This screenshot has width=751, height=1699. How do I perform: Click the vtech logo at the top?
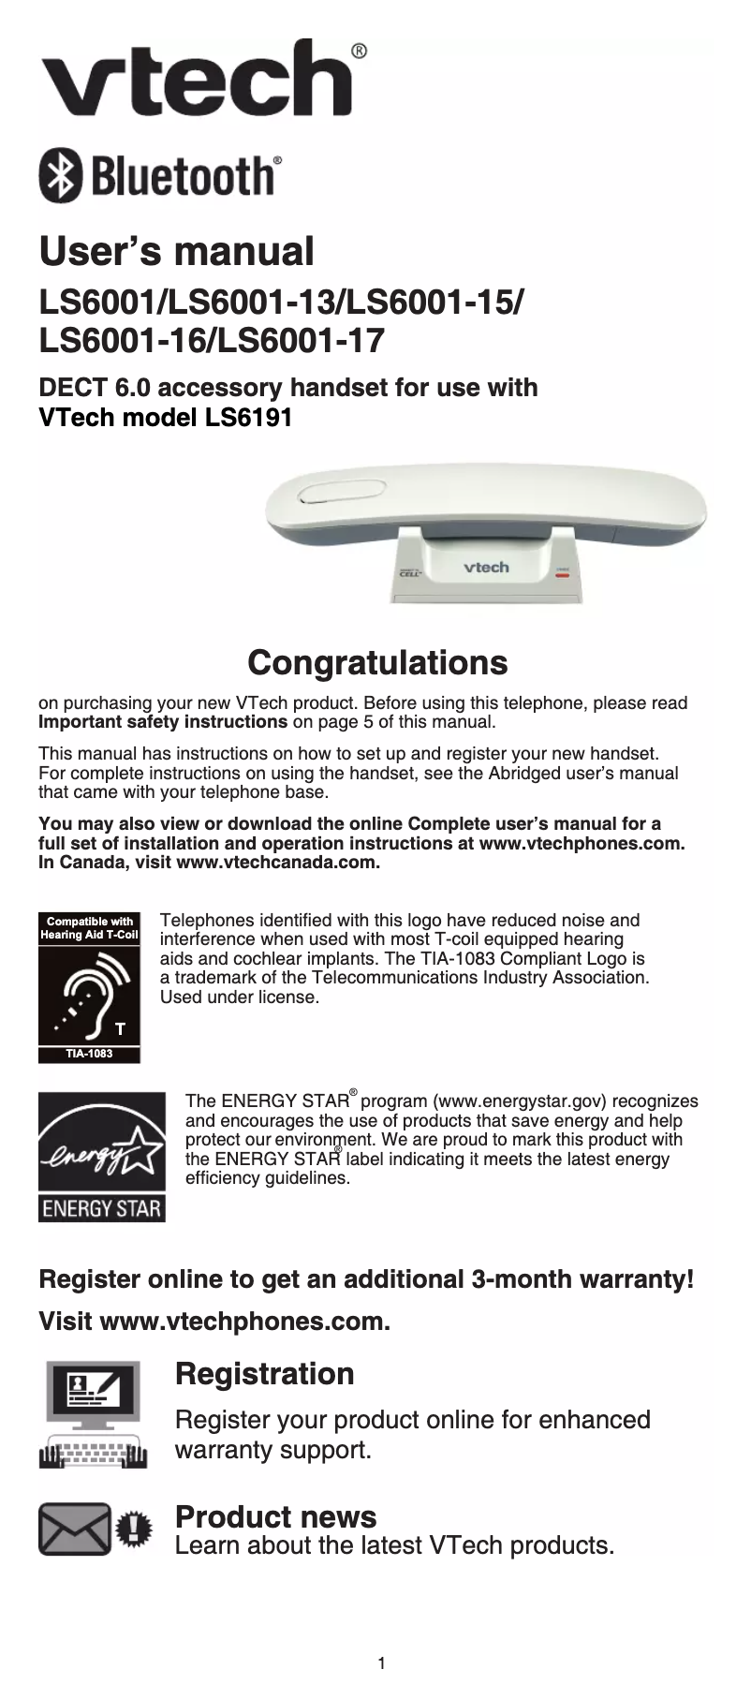click(x=197, y=79)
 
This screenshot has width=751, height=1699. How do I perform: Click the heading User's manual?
click(x=176, y=251)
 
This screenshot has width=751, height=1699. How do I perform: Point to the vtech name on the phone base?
click(x=487, y=568)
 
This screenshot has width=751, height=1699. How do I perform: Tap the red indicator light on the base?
click(x=562, y=576)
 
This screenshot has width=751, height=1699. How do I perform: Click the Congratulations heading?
click(x=376, y=662)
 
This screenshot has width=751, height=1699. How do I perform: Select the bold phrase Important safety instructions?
click(x=162, y=722)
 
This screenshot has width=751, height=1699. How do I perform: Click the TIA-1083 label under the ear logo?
click(x=89, y=1054)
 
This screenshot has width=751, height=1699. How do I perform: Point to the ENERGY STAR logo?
click(x=101, y=1158)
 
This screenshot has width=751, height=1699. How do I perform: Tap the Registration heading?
click(x=264, y=1374)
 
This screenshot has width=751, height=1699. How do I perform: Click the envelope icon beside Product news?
click(x=75, y=1529)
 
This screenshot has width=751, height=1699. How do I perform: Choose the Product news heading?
click(x=275, y=1516)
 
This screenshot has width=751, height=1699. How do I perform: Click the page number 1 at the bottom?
click(x=381, y=1663)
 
